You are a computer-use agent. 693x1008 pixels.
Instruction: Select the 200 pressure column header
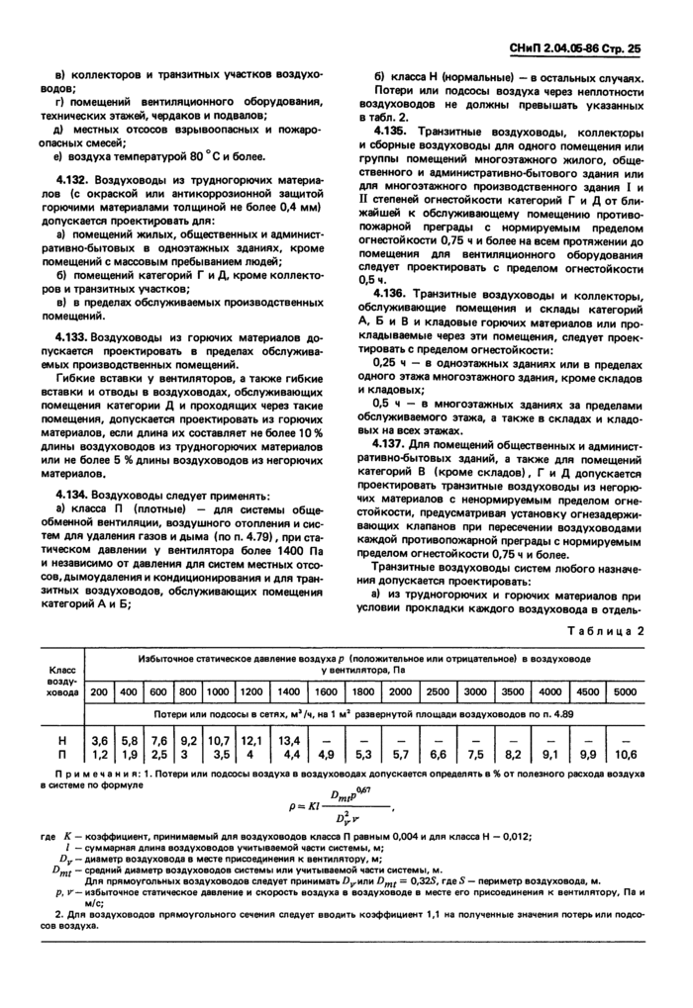pyautogui.click(x=99, y=691)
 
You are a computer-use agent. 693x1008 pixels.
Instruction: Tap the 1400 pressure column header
pyautogui.click(x=288, y=691)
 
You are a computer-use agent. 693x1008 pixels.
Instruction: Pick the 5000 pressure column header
pyautogui.click(x=626, y=691)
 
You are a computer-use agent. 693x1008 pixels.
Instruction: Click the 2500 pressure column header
pyautogui.click(x=437, y=691)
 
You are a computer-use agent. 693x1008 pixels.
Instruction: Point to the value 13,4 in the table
pyautogui.click(x=288, y=739)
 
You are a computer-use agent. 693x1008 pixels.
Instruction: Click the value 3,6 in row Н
pyautogui.click(x=99, y=739)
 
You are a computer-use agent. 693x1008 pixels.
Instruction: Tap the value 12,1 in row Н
pyautogui.click(x=251, y=739)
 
